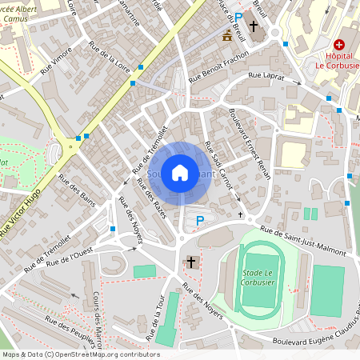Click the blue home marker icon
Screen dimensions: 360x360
[x=180, y=172]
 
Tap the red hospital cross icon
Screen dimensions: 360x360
[x=339, y=45]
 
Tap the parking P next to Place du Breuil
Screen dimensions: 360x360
[x=238, y=17]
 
